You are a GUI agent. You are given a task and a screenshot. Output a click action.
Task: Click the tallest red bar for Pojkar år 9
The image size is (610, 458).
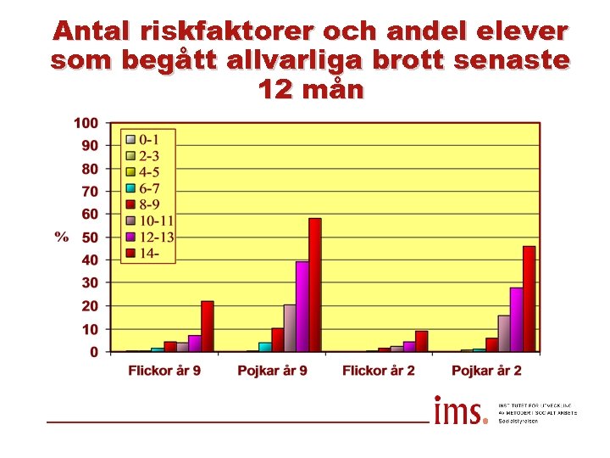point(314,285)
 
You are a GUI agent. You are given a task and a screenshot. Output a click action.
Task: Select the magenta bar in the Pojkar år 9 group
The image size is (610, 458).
point(302,306)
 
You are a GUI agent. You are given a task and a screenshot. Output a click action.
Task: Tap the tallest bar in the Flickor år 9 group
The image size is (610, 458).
point(207,326)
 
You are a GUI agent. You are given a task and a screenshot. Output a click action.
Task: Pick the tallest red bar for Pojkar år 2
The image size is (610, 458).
point(529,299)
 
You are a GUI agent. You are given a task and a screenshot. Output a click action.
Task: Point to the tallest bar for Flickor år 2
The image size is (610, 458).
point(421,341)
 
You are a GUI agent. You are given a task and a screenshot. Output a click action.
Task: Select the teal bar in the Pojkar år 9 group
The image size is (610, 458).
point(264,346)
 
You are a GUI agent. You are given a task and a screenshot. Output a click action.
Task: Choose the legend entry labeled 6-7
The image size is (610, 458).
point(149,187)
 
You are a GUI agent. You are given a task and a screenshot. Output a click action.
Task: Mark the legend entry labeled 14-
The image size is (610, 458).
point(147,253)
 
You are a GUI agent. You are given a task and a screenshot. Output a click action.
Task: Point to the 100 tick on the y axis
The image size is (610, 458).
point(86,123)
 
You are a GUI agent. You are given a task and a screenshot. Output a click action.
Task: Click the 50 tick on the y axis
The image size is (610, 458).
point(89,237)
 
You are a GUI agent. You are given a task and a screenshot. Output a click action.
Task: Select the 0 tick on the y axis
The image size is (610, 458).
point(93,352)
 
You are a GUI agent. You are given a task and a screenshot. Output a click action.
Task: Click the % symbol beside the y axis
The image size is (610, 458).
point(62,237)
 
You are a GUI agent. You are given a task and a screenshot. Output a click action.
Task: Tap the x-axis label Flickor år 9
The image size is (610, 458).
point(164,371)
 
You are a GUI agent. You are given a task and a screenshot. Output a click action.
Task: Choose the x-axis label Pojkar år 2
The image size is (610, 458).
point(486,371)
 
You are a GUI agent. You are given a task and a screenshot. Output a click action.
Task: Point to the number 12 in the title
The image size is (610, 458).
point(274,88)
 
